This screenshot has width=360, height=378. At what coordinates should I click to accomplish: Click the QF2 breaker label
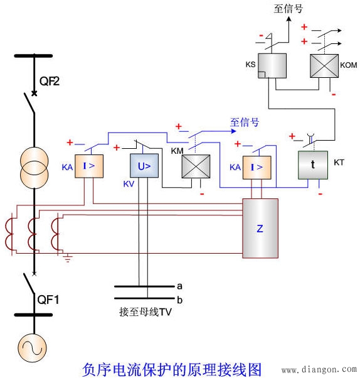(50, 81)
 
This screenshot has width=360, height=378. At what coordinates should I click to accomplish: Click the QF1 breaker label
(48, 300)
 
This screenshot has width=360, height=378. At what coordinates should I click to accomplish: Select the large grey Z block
(260, 229)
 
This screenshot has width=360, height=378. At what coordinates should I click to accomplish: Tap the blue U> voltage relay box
(144, 166)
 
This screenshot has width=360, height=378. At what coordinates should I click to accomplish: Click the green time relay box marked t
(313, 165)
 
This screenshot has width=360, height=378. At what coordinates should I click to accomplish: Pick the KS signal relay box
(272, 66)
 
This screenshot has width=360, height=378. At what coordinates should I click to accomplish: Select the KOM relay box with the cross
(324, 66)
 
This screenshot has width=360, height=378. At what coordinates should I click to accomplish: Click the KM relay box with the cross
(196, 166)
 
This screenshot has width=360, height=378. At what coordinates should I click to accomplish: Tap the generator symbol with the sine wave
(32, 348)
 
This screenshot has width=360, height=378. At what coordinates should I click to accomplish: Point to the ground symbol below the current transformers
(68, 258)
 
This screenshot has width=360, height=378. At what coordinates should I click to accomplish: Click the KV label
(129, 184)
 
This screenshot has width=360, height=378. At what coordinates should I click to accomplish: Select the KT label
(339, 163)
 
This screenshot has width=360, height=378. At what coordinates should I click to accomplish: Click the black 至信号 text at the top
(288, 8)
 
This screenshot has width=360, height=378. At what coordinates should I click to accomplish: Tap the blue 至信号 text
(245, 122)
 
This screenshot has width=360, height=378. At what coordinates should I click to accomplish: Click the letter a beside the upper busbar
(179, 286)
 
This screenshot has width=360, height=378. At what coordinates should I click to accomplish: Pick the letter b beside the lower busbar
(179, 300)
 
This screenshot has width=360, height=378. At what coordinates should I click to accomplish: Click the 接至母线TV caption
(146, 312)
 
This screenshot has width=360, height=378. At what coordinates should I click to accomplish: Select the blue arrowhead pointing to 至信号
(233, 131)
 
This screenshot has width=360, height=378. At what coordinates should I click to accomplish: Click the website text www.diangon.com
(319, 369)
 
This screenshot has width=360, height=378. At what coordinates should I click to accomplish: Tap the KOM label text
(349, 65)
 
